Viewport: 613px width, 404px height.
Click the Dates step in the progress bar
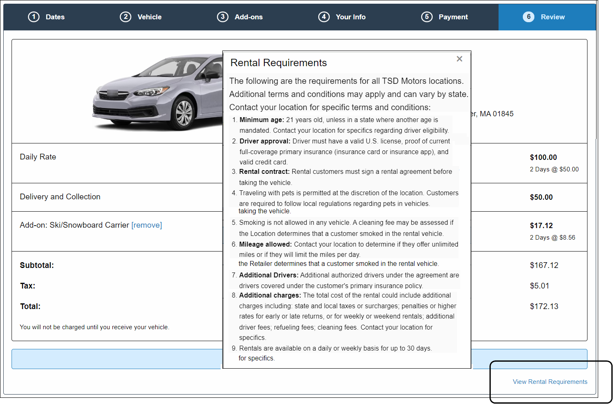[x=46, y=17]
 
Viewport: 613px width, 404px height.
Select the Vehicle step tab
[x=141, y=17]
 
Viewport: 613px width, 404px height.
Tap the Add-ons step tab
[x=240, y=17]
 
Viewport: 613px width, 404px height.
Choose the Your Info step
[x=342, y=17]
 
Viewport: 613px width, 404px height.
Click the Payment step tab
[x=445, y=17]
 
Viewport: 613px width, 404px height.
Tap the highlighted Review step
[x=547, y=17]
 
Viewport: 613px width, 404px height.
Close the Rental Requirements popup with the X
[x=459, y=59]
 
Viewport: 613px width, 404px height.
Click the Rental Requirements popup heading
[x=279, y=63]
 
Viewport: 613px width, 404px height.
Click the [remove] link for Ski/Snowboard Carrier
[x=147, y=225]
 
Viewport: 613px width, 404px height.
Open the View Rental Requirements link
[x=550, y=381]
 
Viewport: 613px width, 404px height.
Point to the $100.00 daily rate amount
[x=543, y=157]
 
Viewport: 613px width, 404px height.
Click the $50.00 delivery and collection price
[x=541, y=197]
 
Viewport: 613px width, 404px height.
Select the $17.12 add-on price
[x=541, y=226]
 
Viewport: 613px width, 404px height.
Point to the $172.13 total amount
[x=544, y=307]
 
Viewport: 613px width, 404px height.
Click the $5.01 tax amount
[x=539, y=286]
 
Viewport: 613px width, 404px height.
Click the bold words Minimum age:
[x=262, y=120]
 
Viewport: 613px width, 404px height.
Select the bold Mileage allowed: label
[x=266, y=244]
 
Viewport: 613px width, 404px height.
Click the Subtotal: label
[x=37, y=265]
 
